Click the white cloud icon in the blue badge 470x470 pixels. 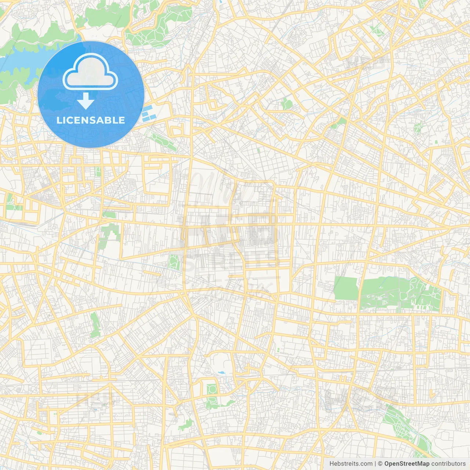pos(90,73)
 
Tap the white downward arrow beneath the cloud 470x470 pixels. pos(86,101)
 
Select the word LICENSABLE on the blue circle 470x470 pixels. pos(91,120)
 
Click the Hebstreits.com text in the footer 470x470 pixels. pos(351,464)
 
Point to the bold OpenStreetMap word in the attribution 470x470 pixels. pos(407,464)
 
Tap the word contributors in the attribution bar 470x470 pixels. pos(448,464)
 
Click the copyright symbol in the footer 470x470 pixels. pos(380,464)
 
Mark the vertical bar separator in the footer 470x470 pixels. pos(376,464)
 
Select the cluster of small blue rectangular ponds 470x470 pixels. pos(149,113)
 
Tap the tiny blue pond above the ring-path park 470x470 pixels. pos(221,373)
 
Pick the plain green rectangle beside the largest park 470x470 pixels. pos(345,288)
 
